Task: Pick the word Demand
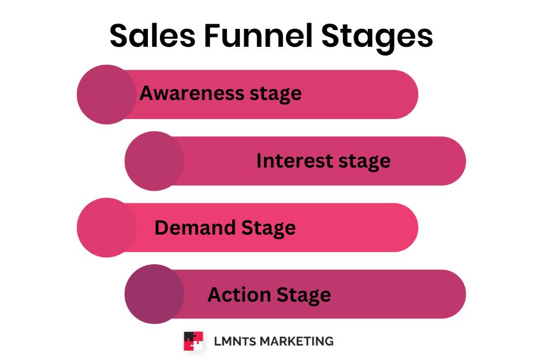[195, 228]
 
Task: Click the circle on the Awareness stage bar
[106, 94]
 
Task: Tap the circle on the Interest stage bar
[154, 161]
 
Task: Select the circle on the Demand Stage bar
[106, 228]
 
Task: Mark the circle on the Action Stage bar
[154, 294]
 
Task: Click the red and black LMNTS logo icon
[193, 341]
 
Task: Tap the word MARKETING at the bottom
[296, 341]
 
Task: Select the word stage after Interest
[362, 161]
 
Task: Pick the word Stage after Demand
[268, 228]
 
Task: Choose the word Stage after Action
[304, 295]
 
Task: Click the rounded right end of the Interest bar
[453, 161]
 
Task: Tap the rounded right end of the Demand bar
[406, 228]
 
